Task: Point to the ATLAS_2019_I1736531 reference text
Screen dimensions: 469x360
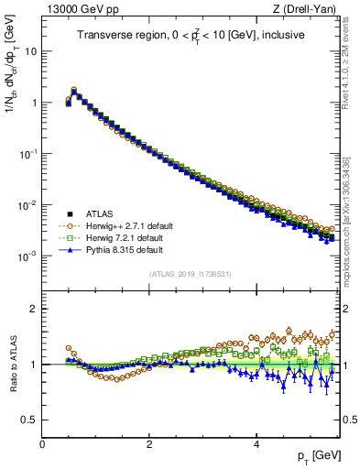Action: point(191,274)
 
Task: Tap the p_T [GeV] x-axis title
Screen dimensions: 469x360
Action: point(317,456)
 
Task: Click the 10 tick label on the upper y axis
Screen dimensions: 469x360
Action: point(31,52)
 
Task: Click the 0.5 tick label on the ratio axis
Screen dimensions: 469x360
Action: point(30,420)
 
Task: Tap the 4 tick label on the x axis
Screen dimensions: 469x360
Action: point(256,443)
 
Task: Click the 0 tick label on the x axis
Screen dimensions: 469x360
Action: point(42,443)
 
